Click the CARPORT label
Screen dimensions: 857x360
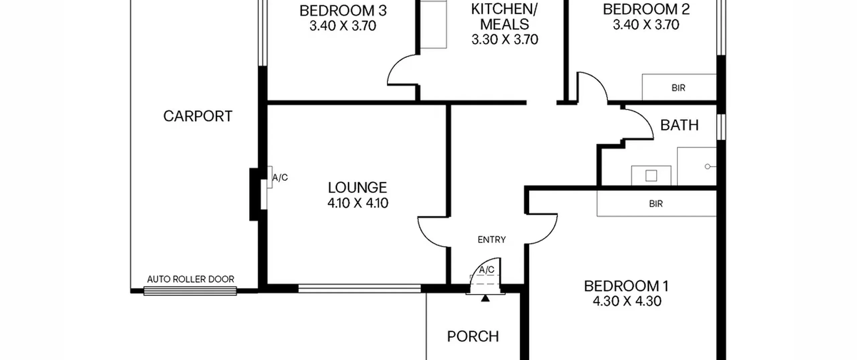click(198, 116)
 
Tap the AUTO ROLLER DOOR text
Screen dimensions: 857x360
click(190, 279)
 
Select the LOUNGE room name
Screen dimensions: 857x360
click(358, 188)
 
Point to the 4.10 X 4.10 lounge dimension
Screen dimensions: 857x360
click(358, 203)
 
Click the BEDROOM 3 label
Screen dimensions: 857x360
click(343, 11)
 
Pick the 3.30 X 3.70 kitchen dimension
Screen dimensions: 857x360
click(505, 40)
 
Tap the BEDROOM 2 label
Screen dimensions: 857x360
click(646, 9)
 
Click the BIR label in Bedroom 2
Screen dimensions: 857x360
click(678, 88)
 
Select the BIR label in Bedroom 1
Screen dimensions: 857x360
click(656, 204)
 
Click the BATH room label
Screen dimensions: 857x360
click(679, 125)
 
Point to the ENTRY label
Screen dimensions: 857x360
click(491, 239)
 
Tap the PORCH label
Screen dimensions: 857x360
click(473, 336)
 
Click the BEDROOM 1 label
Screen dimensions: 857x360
click(626, 286)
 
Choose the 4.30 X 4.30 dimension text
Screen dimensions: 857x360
click(627, 301)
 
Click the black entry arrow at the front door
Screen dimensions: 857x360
click(485, 298)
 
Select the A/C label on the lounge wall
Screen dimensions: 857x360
click(280, 177)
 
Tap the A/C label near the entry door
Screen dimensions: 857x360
click(486, 270)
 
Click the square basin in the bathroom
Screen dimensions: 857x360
click(651, 175)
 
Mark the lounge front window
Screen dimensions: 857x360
click(360, 288)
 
